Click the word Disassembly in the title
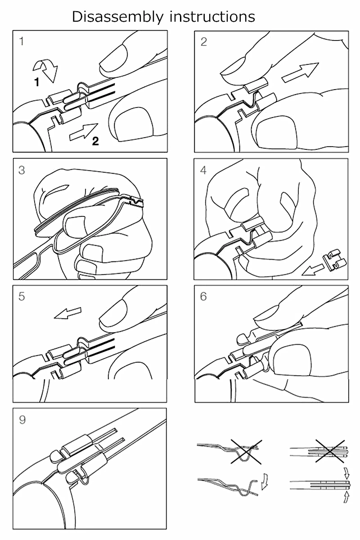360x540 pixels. pos(117,18)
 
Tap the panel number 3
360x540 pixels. pos(22,170)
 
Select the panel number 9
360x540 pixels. pos(22,420)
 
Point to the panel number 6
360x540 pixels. pos(203,296)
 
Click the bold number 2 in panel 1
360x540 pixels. pos(95,141)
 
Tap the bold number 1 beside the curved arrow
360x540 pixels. pos(36,82)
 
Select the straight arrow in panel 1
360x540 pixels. pos(84,131)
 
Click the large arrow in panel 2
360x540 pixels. pos(300,72)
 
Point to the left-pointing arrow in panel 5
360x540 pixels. pos(68,313)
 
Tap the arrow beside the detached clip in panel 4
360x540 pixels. pos(312,270)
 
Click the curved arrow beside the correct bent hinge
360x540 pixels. pos(265,482)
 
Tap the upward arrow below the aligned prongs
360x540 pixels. pos(346,498)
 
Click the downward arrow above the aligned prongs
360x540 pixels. pos(346,473)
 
